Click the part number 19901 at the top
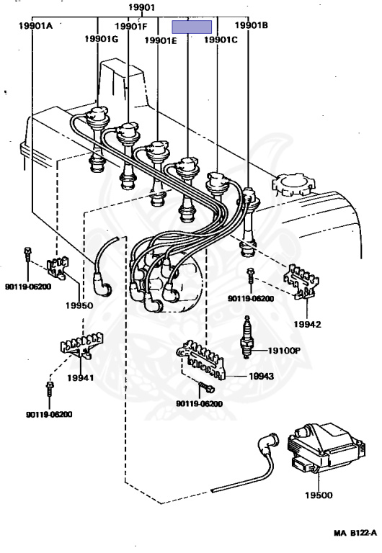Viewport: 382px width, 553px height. click(141, 6)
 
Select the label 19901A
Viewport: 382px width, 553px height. click(35, 25)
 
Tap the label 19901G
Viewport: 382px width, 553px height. click(102, 38)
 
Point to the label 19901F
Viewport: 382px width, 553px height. click(131, 26)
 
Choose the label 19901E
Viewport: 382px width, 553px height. click(161, 40)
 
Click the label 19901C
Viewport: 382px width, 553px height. click(221, 40)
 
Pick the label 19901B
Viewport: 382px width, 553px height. click(252, 24)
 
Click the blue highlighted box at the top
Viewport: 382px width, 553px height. click(192, 27)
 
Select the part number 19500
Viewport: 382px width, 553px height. click(319, 495)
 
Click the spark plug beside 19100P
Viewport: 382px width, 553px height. click(246, 337)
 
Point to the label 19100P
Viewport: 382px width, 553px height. click(284, 350)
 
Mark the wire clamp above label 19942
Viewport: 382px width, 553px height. click(302, 282)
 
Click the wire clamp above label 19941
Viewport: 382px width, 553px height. click(81, 346)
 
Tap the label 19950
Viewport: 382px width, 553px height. click(79, 305)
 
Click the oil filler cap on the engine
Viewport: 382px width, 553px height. click(293, 184)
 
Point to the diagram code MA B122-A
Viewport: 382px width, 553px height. click(355, 533)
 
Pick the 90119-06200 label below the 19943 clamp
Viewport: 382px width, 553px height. click(199, 404)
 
